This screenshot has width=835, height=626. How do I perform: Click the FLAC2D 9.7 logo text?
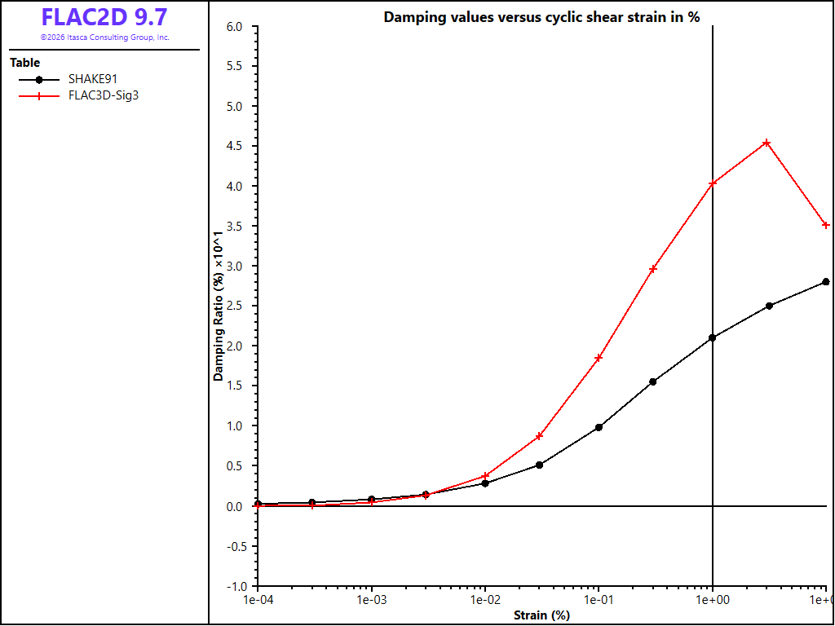[104, 17]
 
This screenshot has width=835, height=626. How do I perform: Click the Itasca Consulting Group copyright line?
[105, 37]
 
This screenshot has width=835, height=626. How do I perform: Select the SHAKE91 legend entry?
[68, 79]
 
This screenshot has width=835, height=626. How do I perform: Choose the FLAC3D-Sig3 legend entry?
[79, 96]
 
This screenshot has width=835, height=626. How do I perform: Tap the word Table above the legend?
[24, 63]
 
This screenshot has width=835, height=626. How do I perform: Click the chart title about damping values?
[541, 17]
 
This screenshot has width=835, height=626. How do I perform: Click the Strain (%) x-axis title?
[541, 615]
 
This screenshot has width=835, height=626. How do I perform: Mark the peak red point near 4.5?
[767, 143]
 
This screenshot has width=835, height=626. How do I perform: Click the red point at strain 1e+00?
[713, 183]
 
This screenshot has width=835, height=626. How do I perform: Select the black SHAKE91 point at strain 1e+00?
[713, 337]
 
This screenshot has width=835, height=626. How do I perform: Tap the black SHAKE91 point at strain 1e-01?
[599, 427]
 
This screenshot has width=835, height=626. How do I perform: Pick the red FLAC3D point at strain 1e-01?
[599, 358]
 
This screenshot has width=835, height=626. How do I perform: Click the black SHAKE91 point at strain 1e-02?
[485, 483]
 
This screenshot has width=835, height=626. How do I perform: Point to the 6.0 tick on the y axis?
[235, 27]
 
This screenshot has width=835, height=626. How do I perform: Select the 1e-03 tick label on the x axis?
[371, 600]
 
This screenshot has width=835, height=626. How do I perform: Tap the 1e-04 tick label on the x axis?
[258, 600]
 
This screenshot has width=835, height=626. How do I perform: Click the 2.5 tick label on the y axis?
[235, 306]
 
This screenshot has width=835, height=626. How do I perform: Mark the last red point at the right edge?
[826, 225]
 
